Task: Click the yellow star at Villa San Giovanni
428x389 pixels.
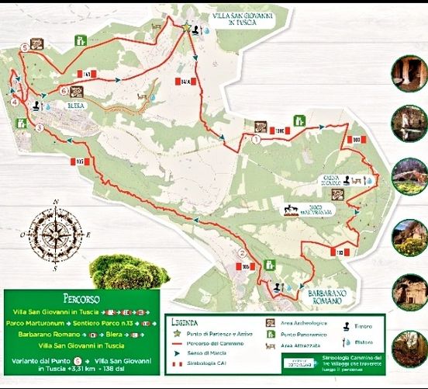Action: pos(186,28)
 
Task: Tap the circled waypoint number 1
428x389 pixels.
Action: pos(256,140)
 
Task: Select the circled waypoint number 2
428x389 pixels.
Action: pos(243,252)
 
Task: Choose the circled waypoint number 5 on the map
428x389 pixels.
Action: pos(26,47)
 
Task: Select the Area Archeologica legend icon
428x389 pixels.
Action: pos(271,321)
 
